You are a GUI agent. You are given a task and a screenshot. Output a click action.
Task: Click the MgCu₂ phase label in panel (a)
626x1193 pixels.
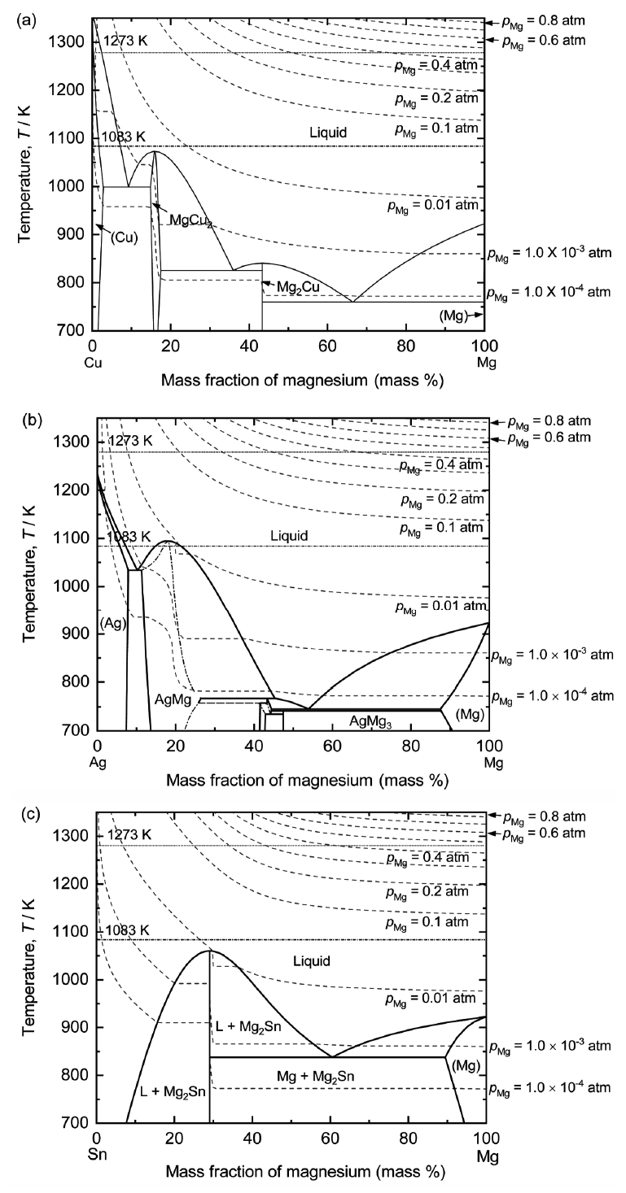190,220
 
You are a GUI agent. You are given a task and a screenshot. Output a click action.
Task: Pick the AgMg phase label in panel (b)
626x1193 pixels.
173,699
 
